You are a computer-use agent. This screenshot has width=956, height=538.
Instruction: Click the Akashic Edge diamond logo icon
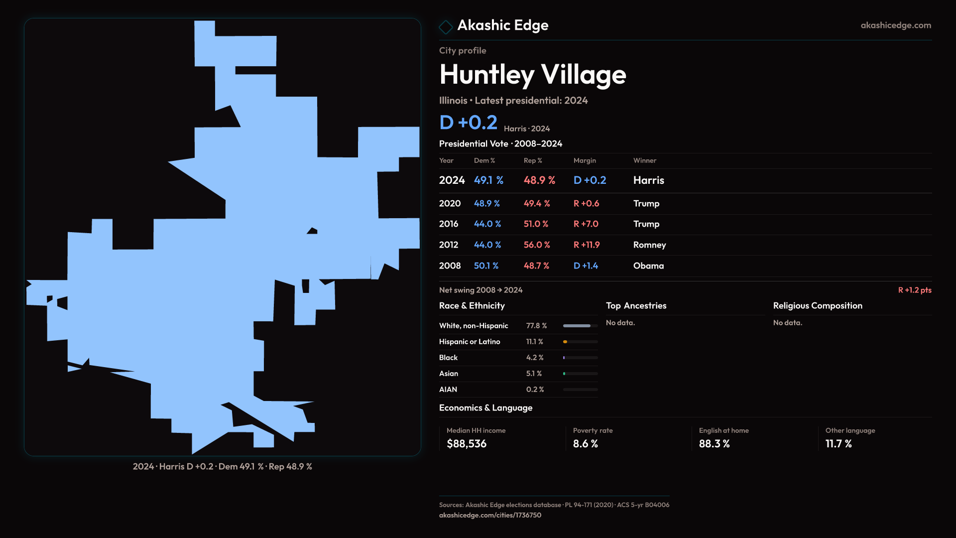pyautogui.click(x=446, y=26)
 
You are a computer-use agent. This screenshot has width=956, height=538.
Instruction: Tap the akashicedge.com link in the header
pyautogui.click(x=895, y=25)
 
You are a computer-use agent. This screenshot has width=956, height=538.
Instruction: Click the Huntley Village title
pyautogui.click(x=532, y=75)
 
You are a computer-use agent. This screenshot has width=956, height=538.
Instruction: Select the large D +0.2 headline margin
pyautogui.click(x=468, y=123)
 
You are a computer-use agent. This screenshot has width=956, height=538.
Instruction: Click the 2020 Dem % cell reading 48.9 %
pyautogui.click(x=486, y=204)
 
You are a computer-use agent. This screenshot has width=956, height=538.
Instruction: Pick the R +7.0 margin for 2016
pyautogui.click(x=586, y=224)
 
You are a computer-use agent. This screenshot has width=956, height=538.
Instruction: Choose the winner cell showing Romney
pyautogui.click(x=649, y=245)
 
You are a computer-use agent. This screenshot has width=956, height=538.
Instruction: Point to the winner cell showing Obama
pyautogui.click(x=648, y=266)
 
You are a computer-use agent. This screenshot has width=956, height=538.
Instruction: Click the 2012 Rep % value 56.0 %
pyautogui.click(x=536, y=245)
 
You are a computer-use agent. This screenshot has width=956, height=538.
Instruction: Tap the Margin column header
pyautogui.click(x=585, y=160)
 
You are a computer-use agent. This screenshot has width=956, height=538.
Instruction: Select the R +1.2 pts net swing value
pyautogui.click(x=914, y=290)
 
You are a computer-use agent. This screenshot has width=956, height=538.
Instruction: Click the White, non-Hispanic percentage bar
pyautogui.click(x=580, y=326)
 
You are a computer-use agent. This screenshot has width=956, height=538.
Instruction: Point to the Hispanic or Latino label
pyautogui.click(x=469, y=342)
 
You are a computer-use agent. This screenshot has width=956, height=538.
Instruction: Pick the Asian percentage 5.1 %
pyautogui.click(x=534, y=374)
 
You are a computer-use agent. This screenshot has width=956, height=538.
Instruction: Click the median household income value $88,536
pyautogui.click(x=467, y=444)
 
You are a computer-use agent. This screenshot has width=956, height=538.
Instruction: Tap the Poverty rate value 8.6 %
pyautogui.click(x=585, y=444)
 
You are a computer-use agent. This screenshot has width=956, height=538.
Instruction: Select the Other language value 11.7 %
pyautogui.click(x=838, y=444)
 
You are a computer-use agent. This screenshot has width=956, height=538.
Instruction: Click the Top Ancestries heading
pyautogui.click(x=636, y=306)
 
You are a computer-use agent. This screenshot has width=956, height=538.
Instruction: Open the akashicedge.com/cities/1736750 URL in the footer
pyautogui.click(x=489, y=515)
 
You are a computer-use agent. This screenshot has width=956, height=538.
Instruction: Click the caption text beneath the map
pyautogui.click(x=222, y=467)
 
